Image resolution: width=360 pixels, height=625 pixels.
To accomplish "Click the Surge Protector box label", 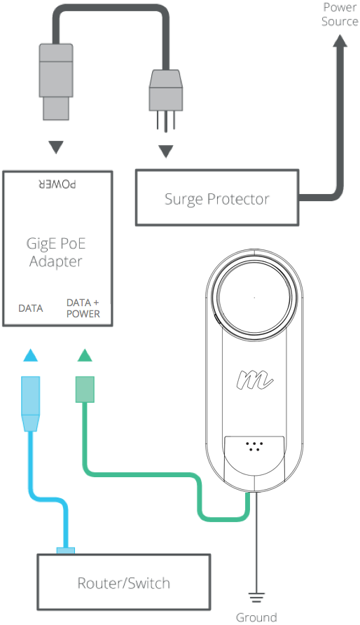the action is (217, 199).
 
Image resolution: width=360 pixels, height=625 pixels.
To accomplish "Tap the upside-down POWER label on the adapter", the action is (57, 184).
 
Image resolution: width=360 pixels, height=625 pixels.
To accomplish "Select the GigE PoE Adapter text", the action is (56, 253).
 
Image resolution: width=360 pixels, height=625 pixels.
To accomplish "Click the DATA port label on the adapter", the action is (31, 308).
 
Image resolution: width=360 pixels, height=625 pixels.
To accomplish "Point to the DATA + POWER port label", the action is (83, 308).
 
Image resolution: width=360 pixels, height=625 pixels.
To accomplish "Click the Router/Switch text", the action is (124, 583).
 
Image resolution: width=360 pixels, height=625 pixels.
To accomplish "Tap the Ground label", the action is (256, 617).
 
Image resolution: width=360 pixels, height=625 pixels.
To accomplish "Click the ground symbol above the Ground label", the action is (256, 598).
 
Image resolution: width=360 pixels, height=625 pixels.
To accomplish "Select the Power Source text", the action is (340, 14).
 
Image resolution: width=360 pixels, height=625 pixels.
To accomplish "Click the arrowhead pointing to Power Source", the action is (340, 40).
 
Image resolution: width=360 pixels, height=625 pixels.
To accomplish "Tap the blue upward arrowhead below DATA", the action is (31, 355).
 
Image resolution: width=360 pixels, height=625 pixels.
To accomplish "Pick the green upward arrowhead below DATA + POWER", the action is (85, 355).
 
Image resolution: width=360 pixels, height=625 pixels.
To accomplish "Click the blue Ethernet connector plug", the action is (31, 404).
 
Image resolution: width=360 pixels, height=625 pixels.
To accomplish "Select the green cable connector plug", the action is (85, 390).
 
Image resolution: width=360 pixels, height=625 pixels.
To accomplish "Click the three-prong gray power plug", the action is (166, 100).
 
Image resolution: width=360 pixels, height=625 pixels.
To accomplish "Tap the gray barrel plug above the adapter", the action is (56, 82).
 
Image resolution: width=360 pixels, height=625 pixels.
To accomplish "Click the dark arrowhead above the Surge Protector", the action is (166, 151).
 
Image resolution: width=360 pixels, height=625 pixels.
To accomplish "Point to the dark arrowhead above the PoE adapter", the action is (56, 147).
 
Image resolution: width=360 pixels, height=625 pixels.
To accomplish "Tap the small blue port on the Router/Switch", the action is (66, 551).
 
